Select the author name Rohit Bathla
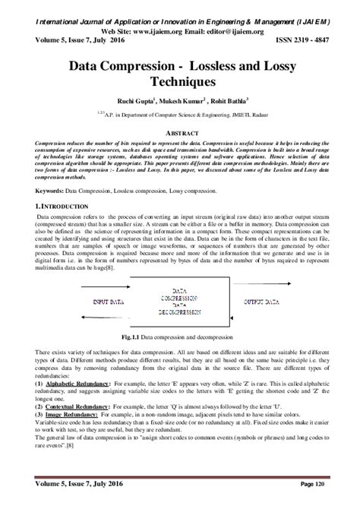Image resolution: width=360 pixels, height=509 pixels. point(227,98)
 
